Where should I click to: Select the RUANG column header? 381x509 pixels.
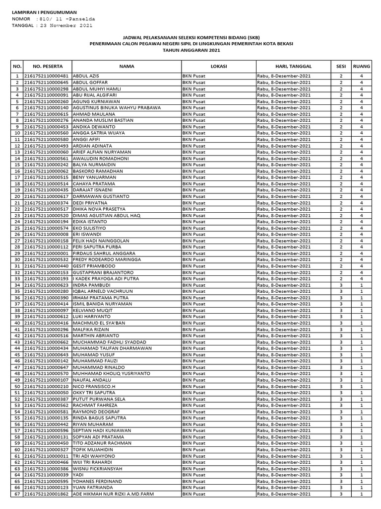[361, 66]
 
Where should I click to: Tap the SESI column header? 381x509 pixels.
[341, 66]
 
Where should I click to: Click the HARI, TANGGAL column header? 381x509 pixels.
[293, 66]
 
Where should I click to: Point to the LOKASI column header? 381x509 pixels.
[218, 66]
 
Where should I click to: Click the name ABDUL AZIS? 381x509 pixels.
[86, 76]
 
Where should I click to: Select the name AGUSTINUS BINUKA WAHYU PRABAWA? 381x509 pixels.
[117, 107]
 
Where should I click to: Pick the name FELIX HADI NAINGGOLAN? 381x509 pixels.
[101, 241]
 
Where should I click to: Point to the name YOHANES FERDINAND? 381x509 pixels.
[97, 481]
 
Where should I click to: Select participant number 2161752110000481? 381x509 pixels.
[47, 76]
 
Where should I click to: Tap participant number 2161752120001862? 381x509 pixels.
[47, 494]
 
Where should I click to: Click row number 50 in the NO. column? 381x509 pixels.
[17, 386]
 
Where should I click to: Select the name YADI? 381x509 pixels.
[78, 475]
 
